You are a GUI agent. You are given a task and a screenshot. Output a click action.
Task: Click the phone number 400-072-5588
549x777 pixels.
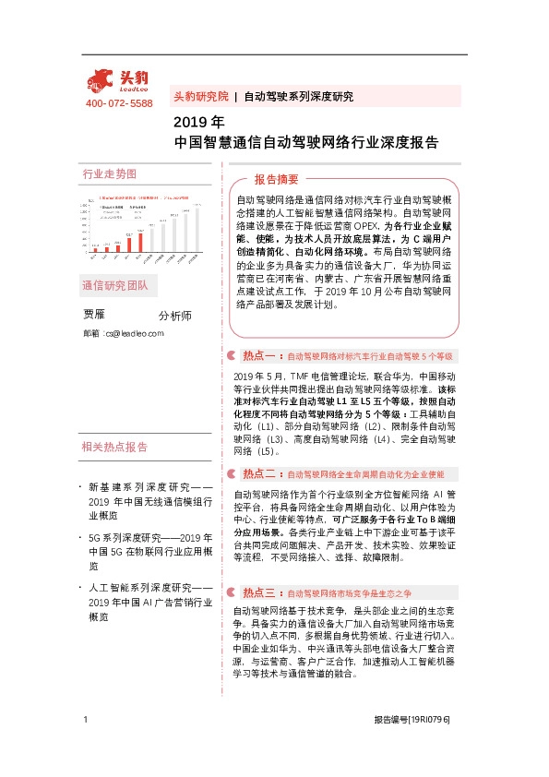119,103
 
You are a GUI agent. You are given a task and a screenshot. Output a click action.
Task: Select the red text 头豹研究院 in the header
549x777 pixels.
200,96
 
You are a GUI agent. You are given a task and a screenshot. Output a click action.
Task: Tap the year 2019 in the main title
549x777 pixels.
190,122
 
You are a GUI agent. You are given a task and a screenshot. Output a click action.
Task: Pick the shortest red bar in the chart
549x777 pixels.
95,250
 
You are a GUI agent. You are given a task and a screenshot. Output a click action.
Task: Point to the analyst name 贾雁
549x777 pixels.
96,315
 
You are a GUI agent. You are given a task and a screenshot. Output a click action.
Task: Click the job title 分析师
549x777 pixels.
175,316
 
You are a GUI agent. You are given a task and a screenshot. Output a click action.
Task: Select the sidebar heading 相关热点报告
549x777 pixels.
114,448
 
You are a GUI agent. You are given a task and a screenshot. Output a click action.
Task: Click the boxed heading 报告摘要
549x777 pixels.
276,179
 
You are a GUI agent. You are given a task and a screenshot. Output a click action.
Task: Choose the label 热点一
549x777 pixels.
259,355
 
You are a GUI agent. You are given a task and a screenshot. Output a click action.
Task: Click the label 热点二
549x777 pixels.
259,473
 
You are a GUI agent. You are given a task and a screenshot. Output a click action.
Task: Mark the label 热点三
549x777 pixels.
259,567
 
